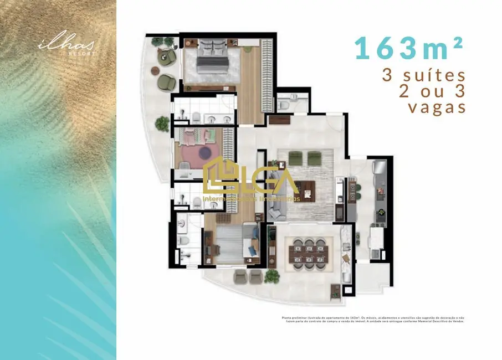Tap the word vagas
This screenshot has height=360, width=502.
[437, 107]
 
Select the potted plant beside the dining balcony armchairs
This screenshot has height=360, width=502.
[272, 275]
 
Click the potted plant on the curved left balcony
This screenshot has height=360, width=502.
[162, 124]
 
